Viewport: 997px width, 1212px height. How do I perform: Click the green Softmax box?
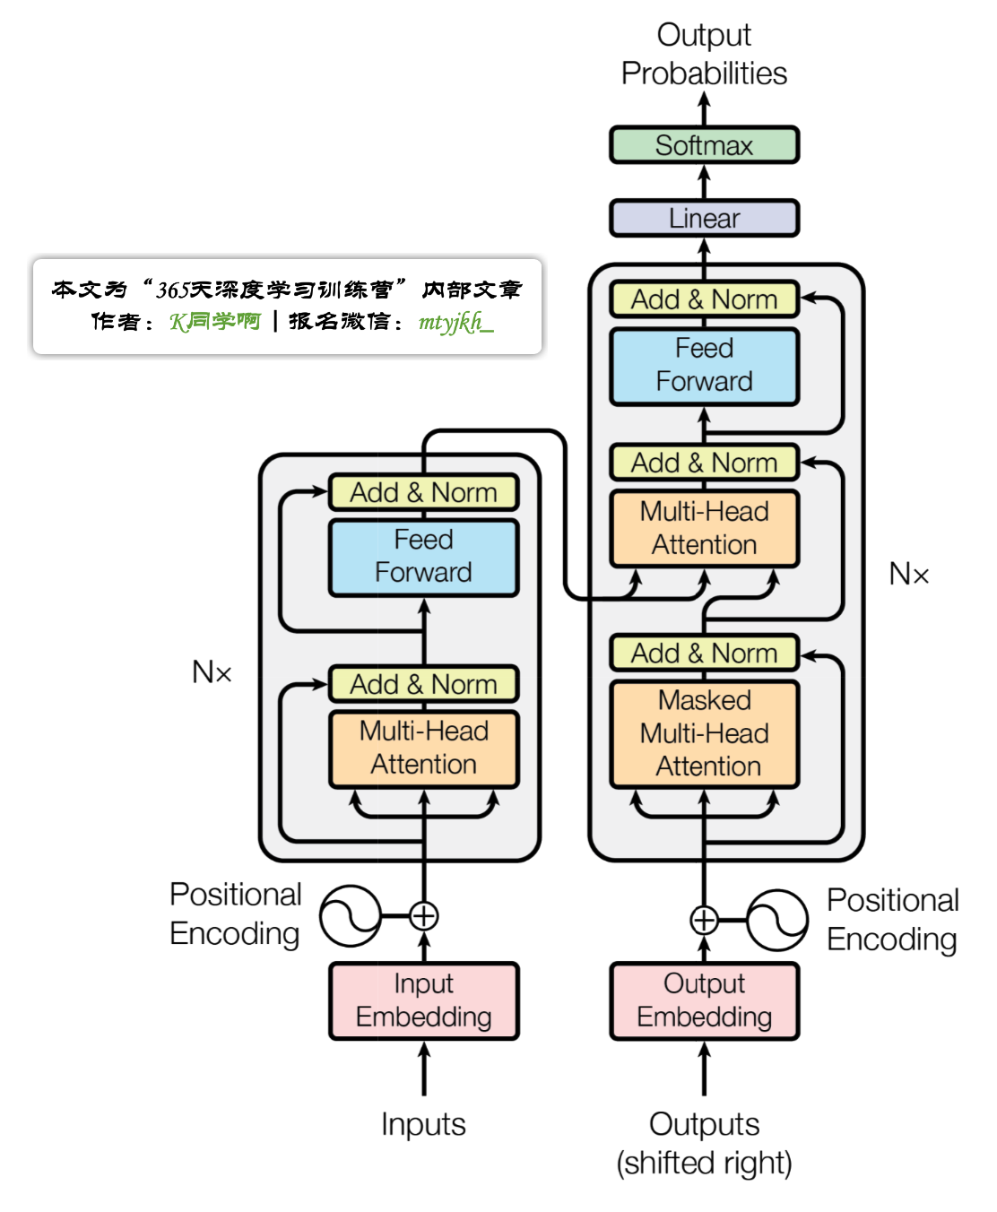point(704,145)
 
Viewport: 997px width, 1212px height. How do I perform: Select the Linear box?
point(704,218)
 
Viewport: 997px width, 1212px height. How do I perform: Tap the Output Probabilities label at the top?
point(704,54)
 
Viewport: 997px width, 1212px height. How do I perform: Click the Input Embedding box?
point(423,1000)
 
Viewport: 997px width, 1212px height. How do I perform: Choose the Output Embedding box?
point(704,1000)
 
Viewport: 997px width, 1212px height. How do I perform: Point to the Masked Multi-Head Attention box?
point(704,733)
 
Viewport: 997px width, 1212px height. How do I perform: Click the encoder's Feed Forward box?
point(423,556)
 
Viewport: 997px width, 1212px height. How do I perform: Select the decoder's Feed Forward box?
point(704,365)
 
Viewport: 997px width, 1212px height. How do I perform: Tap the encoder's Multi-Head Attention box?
point(423,748)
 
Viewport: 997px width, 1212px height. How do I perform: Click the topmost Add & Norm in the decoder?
point(704,299)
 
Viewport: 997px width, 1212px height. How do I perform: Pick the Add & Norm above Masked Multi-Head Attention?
point(704,654)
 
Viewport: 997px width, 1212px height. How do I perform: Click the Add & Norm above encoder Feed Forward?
point(423,492)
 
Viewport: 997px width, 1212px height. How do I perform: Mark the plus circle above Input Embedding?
point(423,916)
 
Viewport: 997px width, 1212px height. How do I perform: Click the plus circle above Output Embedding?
point(704,920)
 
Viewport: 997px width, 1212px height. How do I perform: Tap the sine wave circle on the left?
point(351,916)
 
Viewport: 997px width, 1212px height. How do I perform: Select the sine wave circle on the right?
point(777,920)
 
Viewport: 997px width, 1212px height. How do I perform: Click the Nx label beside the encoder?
point(212,672)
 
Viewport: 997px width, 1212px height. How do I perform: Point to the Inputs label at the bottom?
point(423,1124)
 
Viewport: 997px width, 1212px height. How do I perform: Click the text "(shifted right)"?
point(704,1163)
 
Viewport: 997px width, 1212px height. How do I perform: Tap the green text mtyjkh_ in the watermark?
point(455,322)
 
